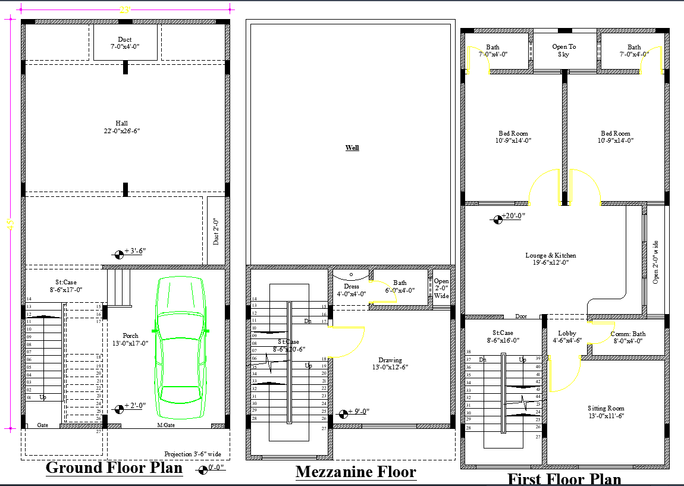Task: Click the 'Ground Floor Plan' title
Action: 114,468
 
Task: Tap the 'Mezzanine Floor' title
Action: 356,472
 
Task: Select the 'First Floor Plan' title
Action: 564,479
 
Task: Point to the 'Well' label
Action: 352,148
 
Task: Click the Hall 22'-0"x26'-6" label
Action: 121,127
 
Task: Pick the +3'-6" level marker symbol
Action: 119,254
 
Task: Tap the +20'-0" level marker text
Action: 513,216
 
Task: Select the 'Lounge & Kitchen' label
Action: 550,259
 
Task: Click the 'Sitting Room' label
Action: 605,412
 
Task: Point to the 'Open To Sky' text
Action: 564,51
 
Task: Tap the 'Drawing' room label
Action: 390,363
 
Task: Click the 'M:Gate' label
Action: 165,425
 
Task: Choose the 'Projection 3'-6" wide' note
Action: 193,454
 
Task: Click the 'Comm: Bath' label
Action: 627,337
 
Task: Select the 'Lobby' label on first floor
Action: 567,337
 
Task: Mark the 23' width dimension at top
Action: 125,10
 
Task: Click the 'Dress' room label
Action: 352,290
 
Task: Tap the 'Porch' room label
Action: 130,339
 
